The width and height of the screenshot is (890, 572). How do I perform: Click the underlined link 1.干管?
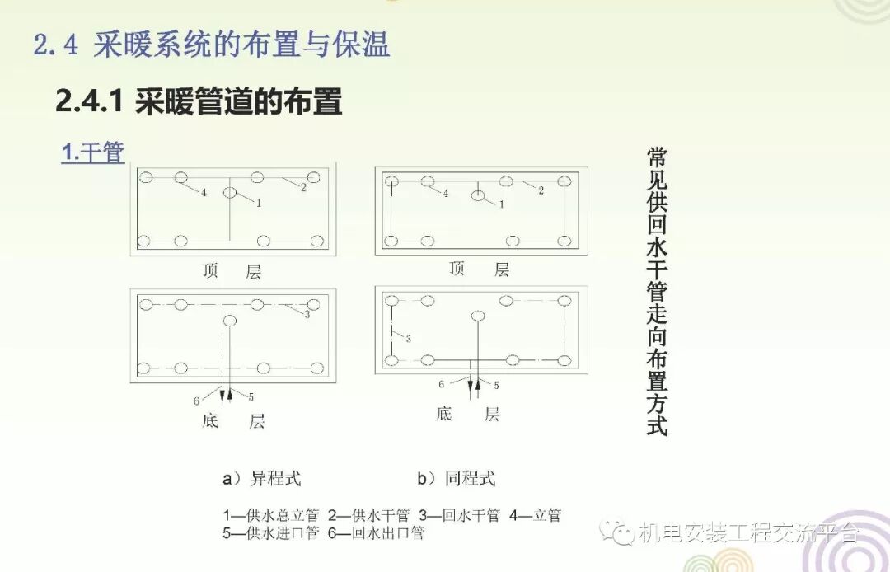click(93, 152)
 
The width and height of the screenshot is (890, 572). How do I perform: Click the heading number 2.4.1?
click(89, 102)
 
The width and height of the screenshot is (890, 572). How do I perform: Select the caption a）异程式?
click(261, 478)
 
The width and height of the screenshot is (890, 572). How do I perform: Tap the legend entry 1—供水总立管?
click(271, 516)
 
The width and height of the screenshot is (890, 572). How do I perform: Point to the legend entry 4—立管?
click(535, 516)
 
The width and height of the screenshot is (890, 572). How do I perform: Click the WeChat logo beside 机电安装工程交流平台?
click(617, 532)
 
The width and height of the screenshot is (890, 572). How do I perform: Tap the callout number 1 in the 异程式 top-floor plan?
click(258, 202)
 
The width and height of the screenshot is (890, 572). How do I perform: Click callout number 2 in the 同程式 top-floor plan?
click(541, 191)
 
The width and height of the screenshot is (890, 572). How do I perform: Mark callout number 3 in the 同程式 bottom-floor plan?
click(408, 339)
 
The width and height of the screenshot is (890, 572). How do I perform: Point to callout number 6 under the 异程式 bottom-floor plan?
click(196, 401)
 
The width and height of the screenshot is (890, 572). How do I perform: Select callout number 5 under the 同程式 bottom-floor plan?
click(496, 384)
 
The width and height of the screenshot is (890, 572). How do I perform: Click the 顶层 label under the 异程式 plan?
click(232, 271)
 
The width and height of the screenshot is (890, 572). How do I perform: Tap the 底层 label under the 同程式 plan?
click(468, 413)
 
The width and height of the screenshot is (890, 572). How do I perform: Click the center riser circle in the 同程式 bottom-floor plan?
click(476, 316)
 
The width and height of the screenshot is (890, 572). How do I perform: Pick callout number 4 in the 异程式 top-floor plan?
click(203, 193)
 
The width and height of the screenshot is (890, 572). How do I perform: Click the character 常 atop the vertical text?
click(657, 157)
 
